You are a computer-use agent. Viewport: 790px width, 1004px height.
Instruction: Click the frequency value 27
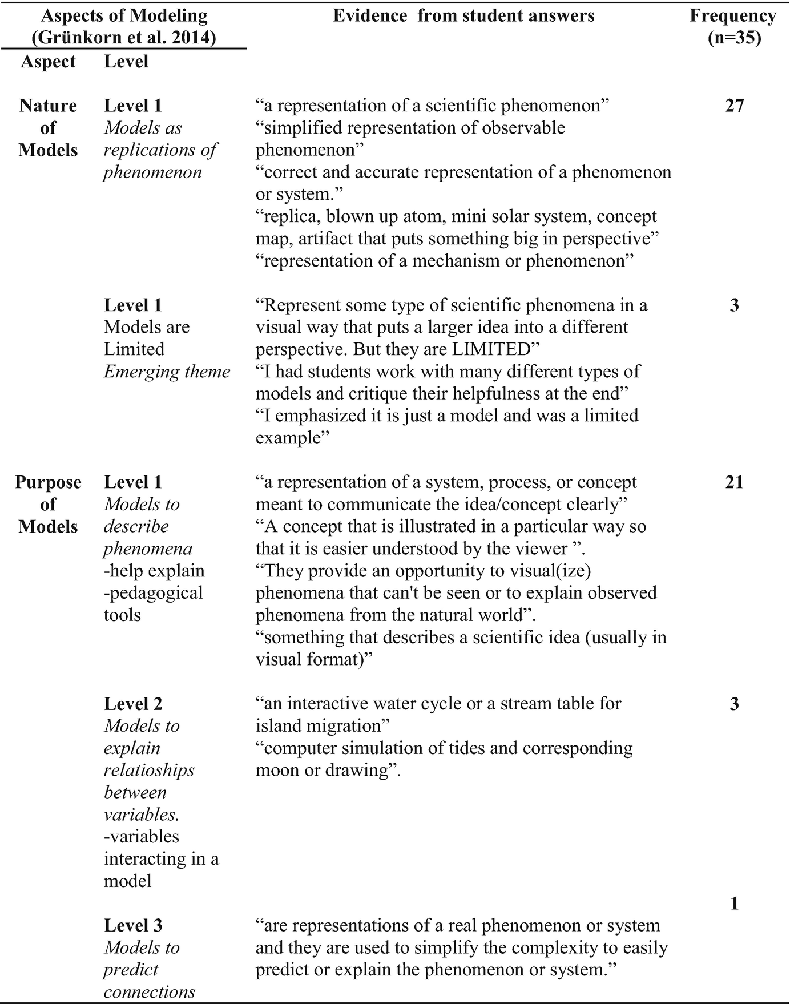(734, 106)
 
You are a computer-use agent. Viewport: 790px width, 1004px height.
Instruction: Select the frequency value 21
(734, 482)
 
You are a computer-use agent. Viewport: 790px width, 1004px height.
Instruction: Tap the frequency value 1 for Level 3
(734, 904)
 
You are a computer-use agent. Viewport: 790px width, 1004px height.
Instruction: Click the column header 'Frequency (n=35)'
(733, 26)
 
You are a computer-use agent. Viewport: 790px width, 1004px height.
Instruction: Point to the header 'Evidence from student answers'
(463, 15)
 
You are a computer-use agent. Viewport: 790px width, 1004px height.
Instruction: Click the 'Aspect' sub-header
(48, 62)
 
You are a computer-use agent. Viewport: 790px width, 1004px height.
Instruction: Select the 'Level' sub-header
(126, 62)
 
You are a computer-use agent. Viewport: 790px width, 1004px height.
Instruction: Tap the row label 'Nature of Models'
(48, 128)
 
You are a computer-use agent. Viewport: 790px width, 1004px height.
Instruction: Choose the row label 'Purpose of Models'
(48, 505)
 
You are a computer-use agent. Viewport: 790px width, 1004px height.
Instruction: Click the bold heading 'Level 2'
(133, 704)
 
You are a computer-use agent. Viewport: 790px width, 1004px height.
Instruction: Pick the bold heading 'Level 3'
(133, 925)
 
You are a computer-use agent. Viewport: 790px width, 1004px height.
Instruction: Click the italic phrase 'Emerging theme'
(167, 372)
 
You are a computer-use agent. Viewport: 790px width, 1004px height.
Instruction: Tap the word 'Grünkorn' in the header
(76, 38)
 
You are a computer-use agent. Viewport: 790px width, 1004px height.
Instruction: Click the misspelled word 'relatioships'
(149, 771)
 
